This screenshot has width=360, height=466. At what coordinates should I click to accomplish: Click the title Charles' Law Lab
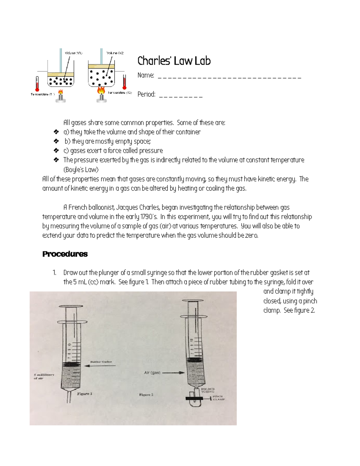click(x=174, y=61)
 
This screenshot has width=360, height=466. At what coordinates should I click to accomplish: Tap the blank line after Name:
click(x=229, y=77)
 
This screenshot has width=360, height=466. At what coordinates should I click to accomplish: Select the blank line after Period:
click(x=181, y=96)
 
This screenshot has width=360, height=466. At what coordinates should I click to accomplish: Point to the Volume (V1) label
click(x=73, y=53)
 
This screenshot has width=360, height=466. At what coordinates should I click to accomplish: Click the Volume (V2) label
click(x=115, y=53)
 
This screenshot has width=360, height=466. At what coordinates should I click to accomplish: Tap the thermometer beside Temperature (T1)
click(x=37, y=84)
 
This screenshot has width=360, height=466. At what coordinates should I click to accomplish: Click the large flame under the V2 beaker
click(x=101, y=90)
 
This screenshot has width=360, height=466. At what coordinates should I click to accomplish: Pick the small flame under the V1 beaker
click(x=61, y=92)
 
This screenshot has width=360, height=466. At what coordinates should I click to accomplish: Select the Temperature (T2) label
click(x=120, y=93)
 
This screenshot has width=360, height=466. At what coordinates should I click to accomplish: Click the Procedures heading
click(x=65, y=254)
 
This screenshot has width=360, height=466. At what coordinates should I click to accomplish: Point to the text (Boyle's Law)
click(x=81, y=170)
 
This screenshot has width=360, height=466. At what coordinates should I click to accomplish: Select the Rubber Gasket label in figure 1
click(x=101, y=362)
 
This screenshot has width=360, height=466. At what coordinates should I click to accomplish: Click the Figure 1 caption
click(x=85, y=394)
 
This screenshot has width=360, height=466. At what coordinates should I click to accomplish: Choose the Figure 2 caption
click(x=146, y=395)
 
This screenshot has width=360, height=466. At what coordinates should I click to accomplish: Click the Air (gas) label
click(x=152, y=373)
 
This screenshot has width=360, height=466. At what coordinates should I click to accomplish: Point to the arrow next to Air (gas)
click(x=173, y=373)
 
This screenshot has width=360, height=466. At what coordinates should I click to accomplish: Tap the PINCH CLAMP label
click(x=219, y=398)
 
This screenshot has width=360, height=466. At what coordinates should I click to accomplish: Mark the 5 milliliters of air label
click(x=44, y=376)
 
